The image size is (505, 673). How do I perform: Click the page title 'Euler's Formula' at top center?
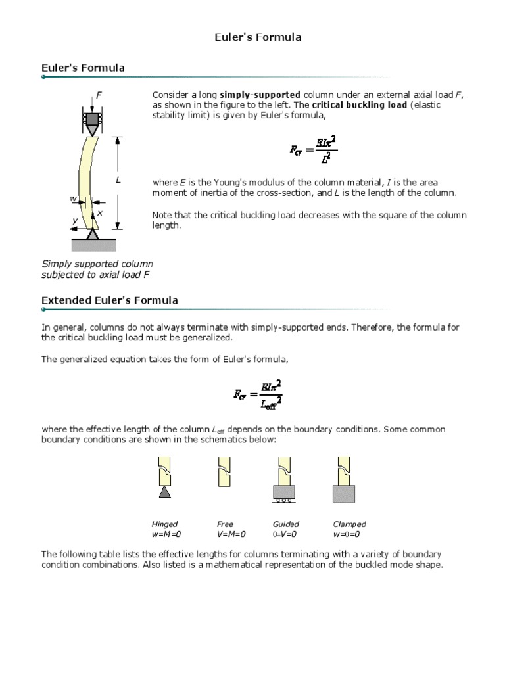pyautogui.click(x=258, y=37)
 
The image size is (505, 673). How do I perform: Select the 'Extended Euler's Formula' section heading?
pyautogui.click(x=109, y=300)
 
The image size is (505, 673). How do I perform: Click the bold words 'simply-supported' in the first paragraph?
pyautogui.click(x=260, y=95)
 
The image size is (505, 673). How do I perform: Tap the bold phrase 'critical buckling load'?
pyautogui.click(x=359, y=105)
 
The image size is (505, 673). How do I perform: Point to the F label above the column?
pyautogui.click(x=99, y=95)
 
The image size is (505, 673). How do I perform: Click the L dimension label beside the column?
pyautogui.click(x=118, y=179)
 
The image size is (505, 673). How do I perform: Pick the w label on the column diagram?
pyautogui.click(x=73, y=198)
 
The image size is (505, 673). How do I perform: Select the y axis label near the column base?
pyautogui.click(x=75, y=220)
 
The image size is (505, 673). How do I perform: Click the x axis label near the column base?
pyautogui.click(x=100, y=214)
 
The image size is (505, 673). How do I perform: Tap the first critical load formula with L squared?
pyautogui.click(x=314, y=149)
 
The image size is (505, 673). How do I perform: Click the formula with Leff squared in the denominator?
pyautogui.click(x=258, y=394)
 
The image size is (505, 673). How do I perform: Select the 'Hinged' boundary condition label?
pyautogui.click(x=164, y=524)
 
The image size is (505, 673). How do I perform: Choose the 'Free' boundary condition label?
pyautogui.click(x=225, y=524)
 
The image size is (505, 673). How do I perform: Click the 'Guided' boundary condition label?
pyautogui.click(x=285, y=524)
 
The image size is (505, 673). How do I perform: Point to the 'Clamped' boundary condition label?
pyautogui.click(x=349, y=524)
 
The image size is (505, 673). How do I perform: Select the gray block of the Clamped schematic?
pyautogui.click(x=344, y=494)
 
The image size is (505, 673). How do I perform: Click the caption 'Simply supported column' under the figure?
pyautogui.click(x=97, y=264)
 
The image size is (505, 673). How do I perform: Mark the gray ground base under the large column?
pyautogui.click(x=93, y=244)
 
